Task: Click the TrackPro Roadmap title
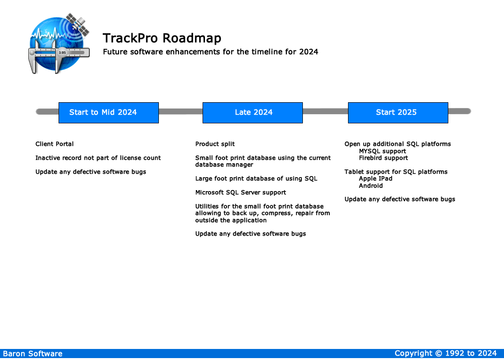coord(162,38)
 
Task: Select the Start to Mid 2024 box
coord(108,113)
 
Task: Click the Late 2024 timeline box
coord(252,113)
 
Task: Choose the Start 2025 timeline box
coord(397,113)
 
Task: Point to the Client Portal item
coord(55,144)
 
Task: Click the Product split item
coord(215,144)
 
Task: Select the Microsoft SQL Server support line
coord(240,192)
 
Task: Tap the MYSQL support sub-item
coord(382,151)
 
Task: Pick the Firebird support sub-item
coord(383,158)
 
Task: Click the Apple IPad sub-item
coord(375,179)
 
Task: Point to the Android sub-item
coord(371,186)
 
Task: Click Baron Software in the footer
coord(33,354)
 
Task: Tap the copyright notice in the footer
coord(445,354)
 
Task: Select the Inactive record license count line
coord(98,158)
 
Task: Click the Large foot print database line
coord(256,179)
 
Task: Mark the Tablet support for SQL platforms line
coord(396,172)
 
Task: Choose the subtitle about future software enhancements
coord(210,52)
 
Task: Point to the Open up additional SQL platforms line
coord(397,144)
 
